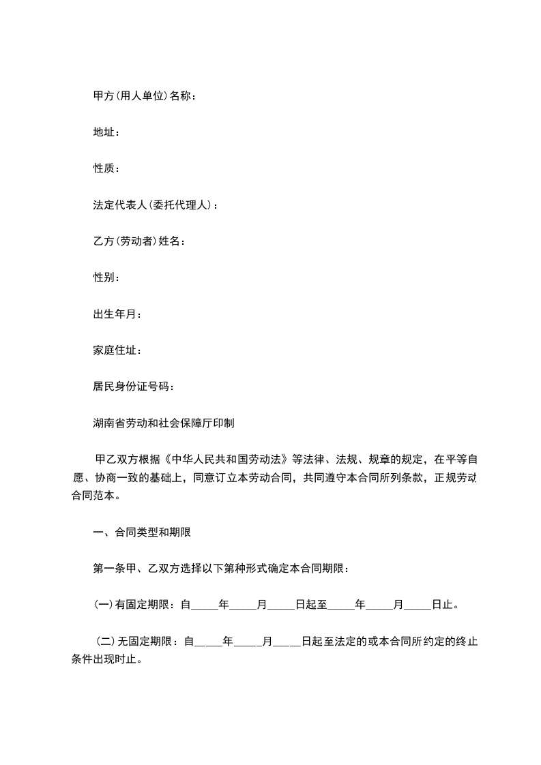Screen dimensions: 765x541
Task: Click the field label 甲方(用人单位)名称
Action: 143,96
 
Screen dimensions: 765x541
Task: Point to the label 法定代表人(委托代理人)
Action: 153,205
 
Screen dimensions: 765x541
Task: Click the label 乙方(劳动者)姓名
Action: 136,241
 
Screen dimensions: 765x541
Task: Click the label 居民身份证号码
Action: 131,387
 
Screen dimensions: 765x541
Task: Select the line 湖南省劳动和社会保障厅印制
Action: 164,423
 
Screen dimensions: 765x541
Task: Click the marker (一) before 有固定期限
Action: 102,604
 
